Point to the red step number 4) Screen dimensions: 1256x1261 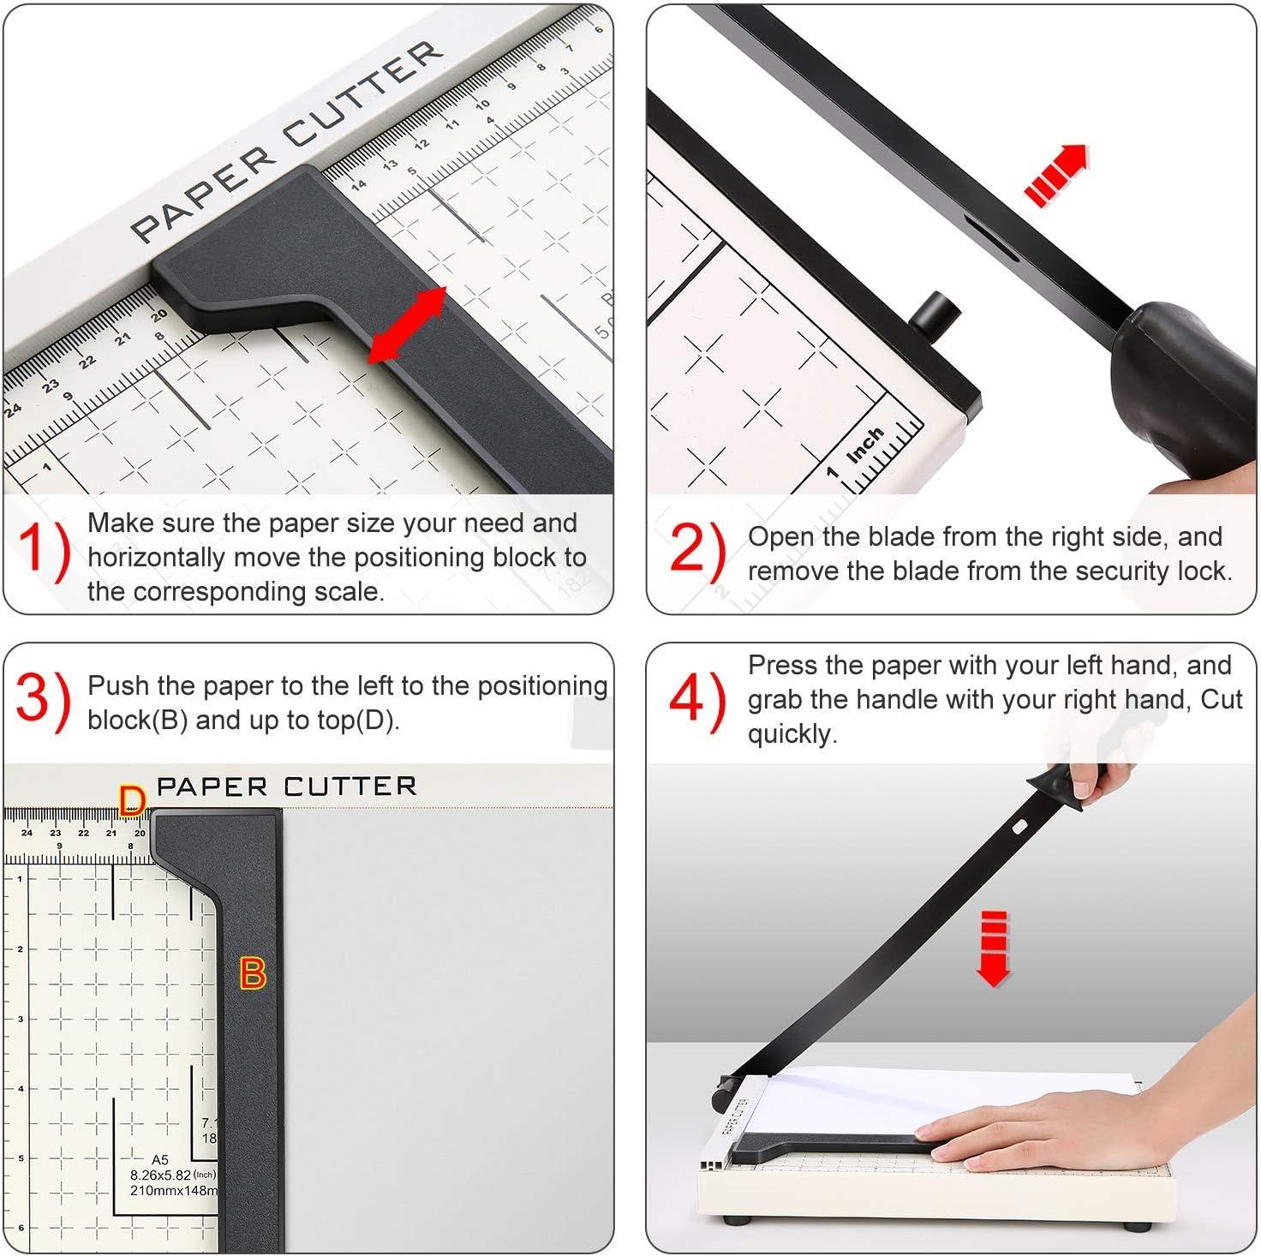click(696, 701)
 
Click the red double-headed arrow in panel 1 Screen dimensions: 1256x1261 click(408, 326)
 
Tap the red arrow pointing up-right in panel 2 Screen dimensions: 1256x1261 click(1056, 175)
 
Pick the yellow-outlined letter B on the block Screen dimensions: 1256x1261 click(253, 974)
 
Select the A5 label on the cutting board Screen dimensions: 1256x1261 click(159, 1160)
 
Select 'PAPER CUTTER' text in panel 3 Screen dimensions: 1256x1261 click(286, 786)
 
